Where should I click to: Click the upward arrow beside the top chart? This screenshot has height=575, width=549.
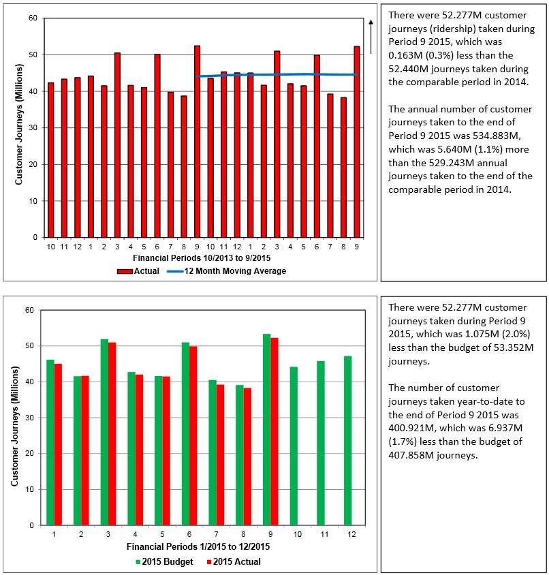(x=371, y=36)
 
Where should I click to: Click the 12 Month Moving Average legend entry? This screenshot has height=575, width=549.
(x=226, y=271)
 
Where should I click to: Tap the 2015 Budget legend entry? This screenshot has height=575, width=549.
(x=164, y=561)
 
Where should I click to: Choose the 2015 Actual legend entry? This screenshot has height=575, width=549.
(x=232, y=561)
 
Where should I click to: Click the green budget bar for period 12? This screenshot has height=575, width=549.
(x=348, y=440)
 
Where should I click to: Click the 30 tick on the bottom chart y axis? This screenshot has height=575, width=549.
(x=29, y=418)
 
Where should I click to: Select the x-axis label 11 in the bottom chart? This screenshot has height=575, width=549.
(x=321, y=535)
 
